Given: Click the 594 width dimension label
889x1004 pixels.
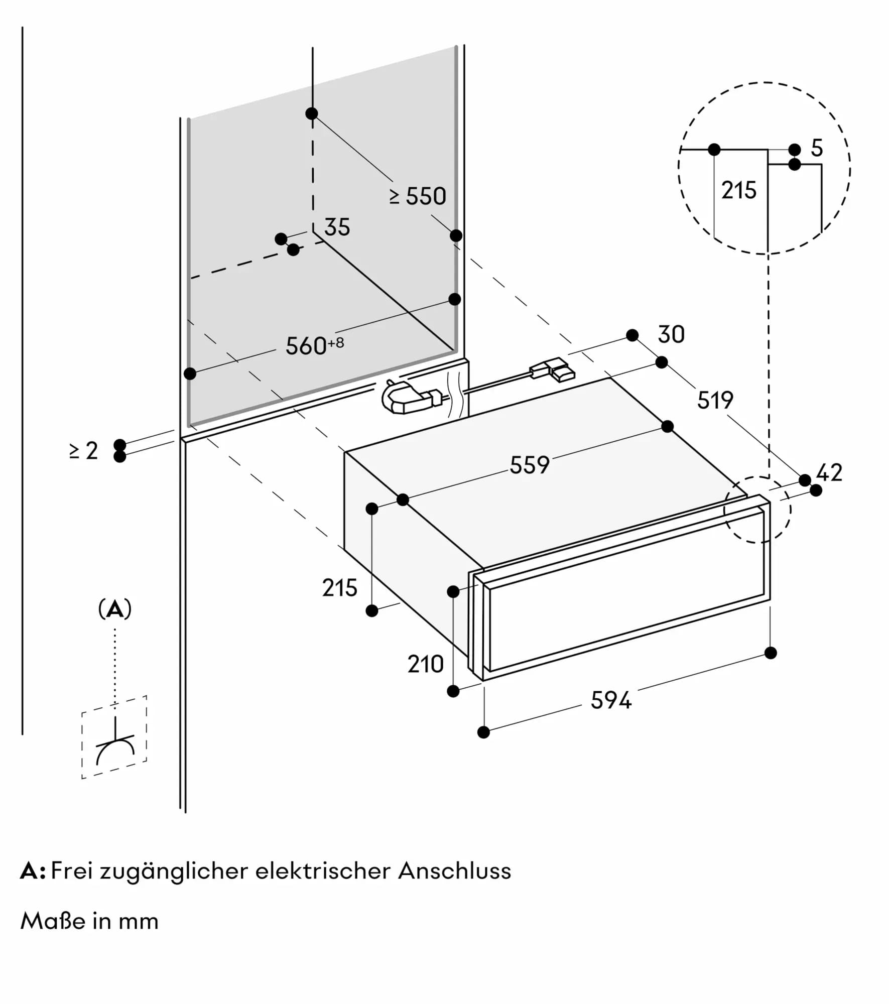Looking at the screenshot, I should (x=610, y=700).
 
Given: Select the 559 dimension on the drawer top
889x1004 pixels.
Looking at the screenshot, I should (x=530, y=465).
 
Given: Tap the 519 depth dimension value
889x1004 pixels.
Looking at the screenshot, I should (x=715, y=400).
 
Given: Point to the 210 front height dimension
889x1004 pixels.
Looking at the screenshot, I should (x=425, y=665).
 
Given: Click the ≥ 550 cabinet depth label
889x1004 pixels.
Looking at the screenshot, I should (x=418, y=196).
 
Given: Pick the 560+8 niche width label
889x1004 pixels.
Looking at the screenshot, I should (x=314, y=345).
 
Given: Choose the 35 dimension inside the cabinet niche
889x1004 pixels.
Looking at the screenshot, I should (x=337, y=227).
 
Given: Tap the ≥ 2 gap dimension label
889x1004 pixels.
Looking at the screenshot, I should (x=83, y=451).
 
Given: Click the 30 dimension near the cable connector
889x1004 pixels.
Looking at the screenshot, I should (x=671, y=335).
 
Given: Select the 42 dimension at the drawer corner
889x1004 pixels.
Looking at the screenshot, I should (x=829, y=472).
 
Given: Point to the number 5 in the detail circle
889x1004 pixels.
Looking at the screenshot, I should (x=817, y=148).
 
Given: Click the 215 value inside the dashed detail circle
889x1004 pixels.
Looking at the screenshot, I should (x=738, y=191).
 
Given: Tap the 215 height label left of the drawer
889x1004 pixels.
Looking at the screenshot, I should (x=339, y=588).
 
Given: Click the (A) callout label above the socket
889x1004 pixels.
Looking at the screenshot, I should (x=115, y=609).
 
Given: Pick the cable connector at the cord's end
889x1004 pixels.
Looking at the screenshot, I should (x=553, y=369).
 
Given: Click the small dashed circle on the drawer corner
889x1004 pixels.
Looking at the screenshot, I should (x=757, y=510).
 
